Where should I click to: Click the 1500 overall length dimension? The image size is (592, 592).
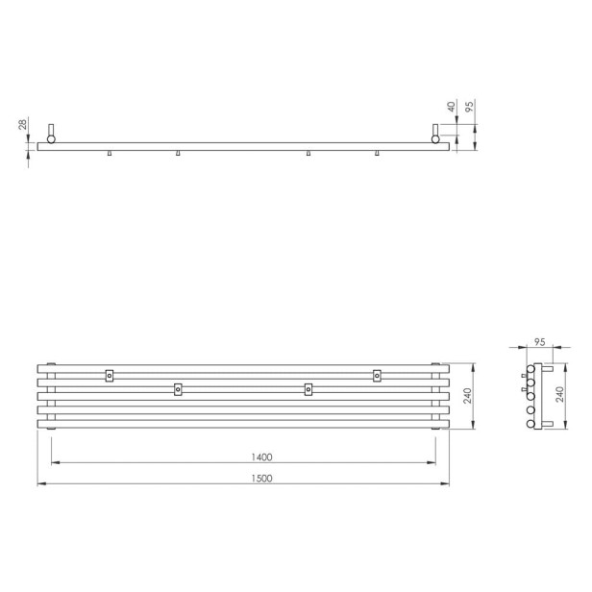(261, 478)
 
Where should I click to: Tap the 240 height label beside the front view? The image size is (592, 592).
(468, 394)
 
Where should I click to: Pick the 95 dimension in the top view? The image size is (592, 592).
(469, 107)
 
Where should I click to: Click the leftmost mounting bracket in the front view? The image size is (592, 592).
(110, 375)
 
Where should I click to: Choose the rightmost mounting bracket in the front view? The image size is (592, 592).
(377, 375)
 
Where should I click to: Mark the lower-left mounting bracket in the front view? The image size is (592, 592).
(177, 389)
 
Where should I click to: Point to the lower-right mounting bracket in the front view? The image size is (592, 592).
(308, 389)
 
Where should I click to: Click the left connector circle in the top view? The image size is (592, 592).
(50, 138)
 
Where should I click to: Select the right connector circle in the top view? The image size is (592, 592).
(437, 138)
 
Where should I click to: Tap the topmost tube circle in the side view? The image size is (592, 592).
(530, 369)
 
